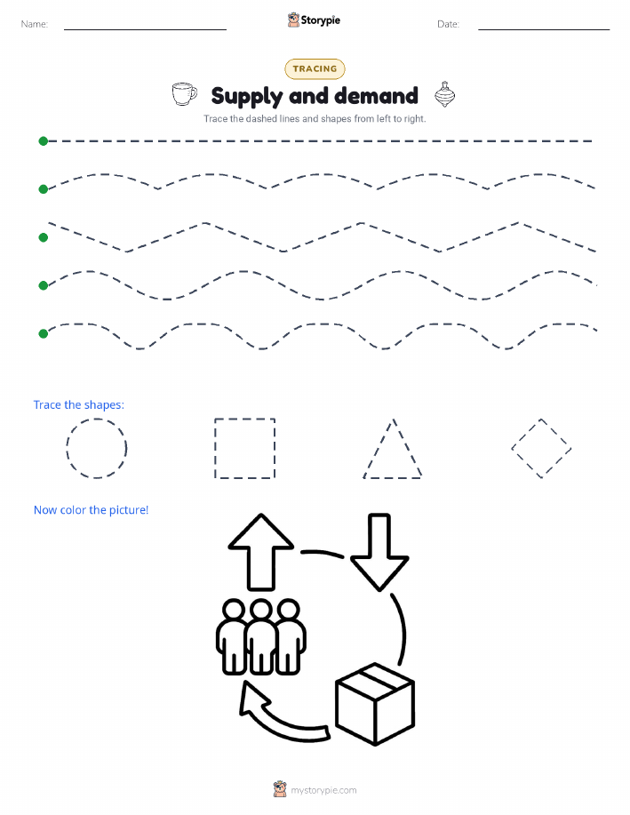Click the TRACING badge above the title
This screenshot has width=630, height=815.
[315, 68]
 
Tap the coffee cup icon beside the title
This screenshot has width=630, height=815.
[184, 94]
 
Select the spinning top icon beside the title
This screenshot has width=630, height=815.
[444, 94]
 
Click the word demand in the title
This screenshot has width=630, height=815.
[376, 96]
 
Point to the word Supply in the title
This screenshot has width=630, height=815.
[247, 97]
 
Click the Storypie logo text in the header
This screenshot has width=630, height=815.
[320, 20]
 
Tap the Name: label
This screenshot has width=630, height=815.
[35, 24]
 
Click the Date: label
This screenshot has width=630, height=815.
[448, 24]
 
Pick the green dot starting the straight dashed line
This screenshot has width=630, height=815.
[44, 140]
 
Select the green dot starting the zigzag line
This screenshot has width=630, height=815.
[44, 237]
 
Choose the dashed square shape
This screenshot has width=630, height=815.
[215, 448]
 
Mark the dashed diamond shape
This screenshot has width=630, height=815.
[526, 434]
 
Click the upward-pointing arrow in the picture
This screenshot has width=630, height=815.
[260, 552]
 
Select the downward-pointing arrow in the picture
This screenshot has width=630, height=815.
[379, 552]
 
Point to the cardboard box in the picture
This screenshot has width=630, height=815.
[375, 704]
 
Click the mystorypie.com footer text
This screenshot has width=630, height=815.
[323, 790]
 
